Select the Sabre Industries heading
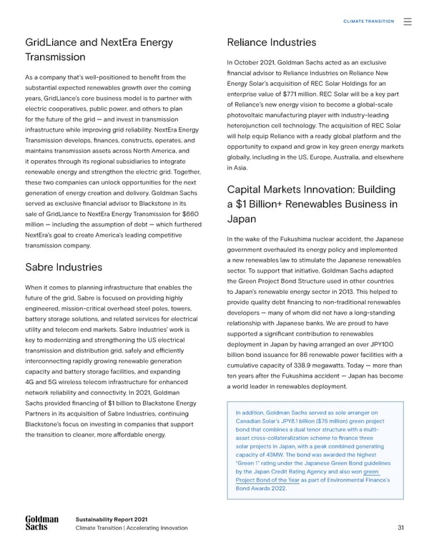(65, 268)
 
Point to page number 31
(400, 529)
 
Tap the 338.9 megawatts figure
(315, 363)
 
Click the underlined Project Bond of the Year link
(265, 481)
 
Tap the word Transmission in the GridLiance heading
(55, 57)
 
